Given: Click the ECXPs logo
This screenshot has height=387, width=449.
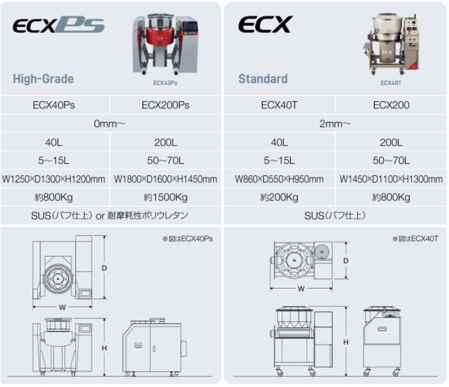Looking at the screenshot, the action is pyautogui.click(x=59, y=25).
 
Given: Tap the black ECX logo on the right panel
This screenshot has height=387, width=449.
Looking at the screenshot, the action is pyautogui.click(x=266, y=24).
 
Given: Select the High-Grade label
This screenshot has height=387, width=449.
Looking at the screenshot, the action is pyautogui.click(x=43, y=79).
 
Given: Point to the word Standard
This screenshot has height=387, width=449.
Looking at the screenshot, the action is pyautogui.click(x=263, y=79).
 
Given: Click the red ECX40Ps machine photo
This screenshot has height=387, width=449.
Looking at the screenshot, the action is pyautogui.click(x=165, y=44).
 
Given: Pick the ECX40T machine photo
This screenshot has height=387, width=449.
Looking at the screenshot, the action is pyautogui.click(x=391, y=44).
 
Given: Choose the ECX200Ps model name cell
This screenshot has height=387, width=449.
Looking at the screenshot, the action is pyautogui.click(x=166, y=105).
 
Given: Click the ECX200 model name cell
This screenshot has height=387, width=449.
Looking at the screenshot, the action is pyautogui.click(x=391, y=105).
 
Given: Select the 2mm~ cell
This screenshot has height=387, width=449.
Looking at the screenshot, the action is pyautogui.click(x=335, y=124).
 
